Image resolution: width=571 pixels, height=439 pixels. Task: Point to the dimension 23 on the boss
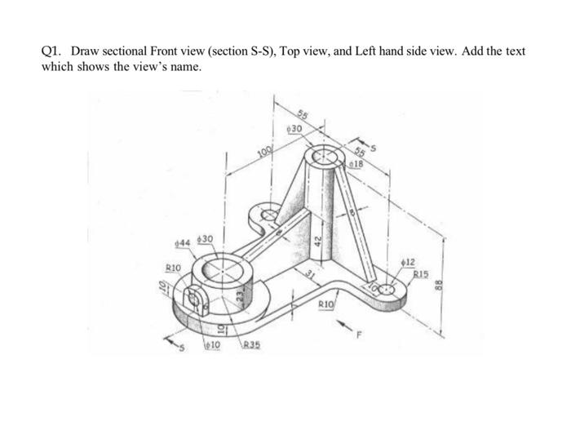point(239,299)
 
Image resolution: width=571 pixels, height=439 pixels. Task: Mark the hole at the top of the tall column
point(324,154)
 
